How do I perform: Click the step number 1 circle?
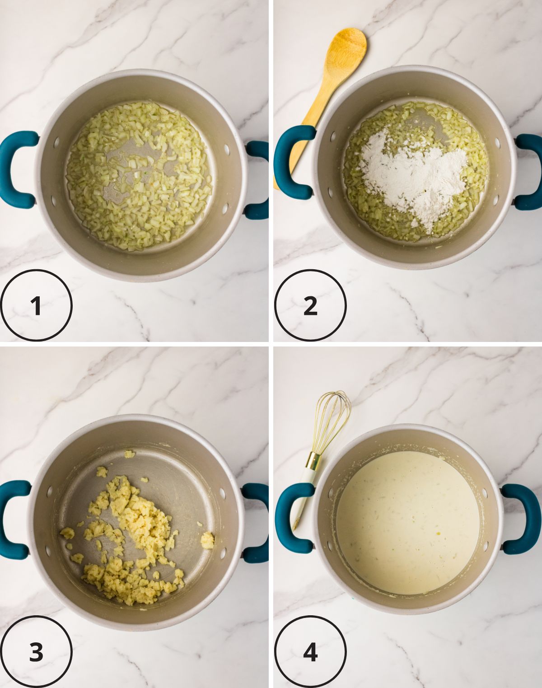click(36, 305)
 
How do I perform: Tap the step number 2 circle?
click(310, 305)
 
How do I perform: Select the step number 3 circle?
click(36, 652)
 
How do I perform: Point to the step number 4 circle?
click(310, 652)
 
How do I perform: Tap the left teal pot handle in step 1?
click(14, 169)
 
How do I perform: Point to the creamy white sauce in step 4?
click(406, 520)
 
